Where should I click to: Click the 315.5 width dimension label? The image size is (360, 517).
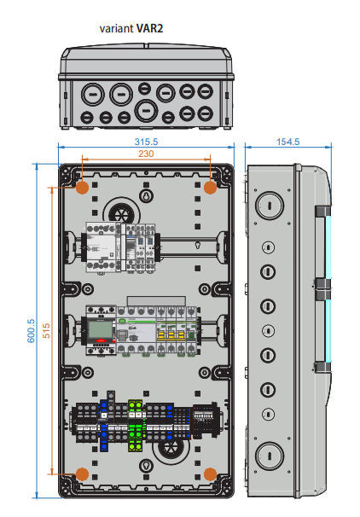(146, 142)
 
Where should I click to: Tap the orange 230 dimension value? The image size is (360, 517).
(146, 154)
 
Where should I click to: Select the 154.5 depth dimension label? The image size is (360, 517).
(287, 142)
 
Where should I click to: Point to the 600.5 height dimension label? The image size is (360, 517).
(31, 331)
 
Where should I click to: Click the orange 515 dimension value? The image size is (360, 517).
(46, 330)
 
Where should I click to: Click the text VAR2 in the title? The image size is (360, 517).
(149, 28)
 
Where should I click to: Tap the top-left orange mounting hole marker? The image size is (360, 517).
(82, 188)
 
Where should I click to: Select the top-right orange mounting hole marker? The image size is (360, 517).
(210, 188)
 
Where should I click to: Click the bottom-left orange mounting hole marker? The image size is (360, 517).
(82, 474)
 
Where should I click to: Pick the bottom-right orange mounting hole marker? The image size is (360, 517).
(210, 474)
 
